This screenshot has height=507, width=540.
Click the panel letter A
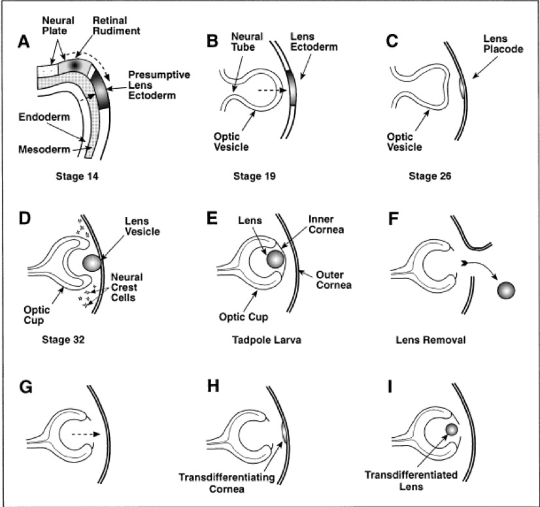click(24, 42)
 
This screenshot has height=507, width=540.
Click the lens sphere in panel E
click(275, 259)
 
